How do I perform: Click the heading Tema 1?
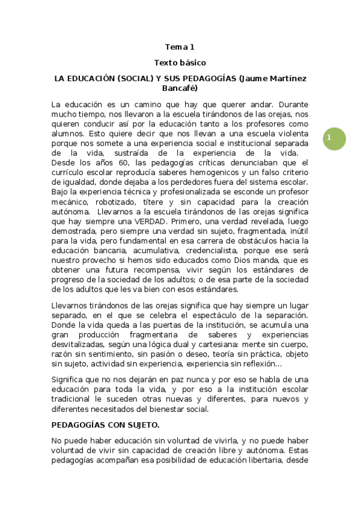pyautogui.click(x=180, y=46)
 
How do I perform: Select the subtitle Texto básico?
pyautogui.click(x=180, y=62)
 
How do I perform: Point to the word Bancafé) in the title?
pyautogui.click(x=180, y=88)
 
